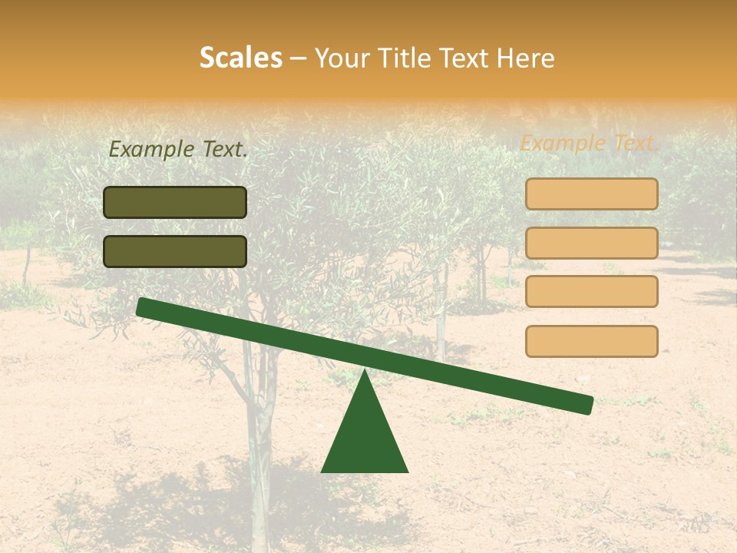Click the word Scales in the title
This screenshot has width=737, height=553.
click(x=240, y=58)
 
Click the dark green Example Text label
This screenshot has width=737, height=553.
click(x=178, y=150)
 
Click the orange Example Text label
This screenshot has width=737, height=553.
click(x=589, y=143)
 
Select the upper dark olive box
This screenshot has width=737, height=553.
click(x=175, y=202)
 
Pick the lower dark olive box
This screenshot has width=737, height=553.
click(x=175, y=251)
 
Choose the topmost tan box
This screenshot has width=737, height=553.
click(x=591, y=194)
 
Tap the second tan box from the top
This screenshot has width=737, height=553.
click(x=591, y=243)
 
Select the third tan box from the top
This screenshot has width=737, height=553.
click(x=591, y=291)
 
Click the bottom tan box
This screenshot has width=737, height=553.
click(x=591, y=341)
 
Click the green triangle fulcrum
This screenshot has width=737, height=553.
click(x=365, y=438)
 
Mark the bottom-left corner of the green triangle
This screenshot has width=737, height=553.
click(x=322, y=471)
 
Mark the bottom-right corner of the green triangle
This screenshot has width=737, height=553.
click(x=407, y=471)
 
